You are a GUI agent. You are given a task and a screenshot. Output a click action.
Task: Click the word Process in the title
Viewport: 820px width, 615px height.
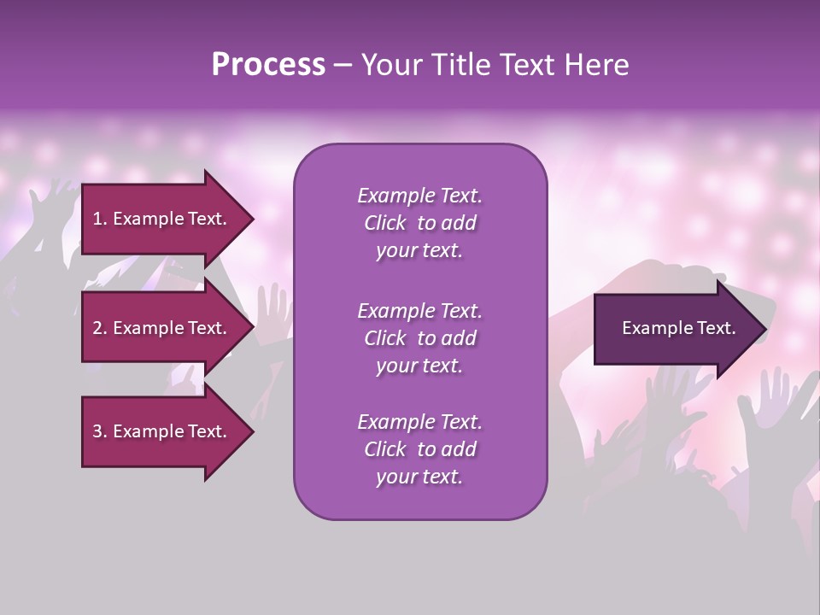[268, 65]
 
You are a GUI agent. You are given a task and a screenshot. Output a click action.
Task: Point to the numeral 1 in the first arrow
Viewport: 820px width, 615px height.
[97, 219]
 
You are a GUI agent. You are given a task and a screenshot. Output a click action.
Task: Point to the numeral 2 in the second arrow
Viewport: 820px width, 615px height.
[97, 328]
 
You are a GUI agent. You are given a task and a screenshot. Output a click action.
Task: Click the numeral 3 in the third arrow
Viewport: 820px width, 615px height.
[97, 431]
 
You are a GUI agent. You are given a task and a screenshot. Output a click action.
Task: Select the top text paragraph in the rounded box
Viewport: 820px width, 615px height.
[419, 223]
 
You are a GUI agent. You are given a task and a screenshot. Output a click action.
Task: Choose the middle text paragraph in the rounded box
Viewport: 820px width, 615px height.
[419, 338]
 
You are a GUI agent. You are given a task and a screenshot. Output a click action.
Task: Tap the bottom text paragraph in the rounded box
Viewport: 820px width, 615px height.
[419, 449]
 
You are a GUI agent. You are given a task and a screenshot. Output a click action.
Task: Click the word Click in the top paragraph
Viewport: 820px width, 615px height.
[384, 223]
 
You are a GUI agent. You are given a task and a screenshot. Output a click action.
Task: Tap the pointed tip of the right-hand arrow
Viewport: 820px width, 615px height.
[764, 328]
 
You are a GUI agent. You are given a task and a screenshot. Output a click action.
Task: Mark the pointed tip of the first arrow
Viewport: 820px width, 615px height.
[252, 219]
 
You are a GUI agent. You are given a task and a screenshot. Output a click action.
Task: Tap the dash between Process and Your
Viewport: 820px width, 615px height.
[343, 66]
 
